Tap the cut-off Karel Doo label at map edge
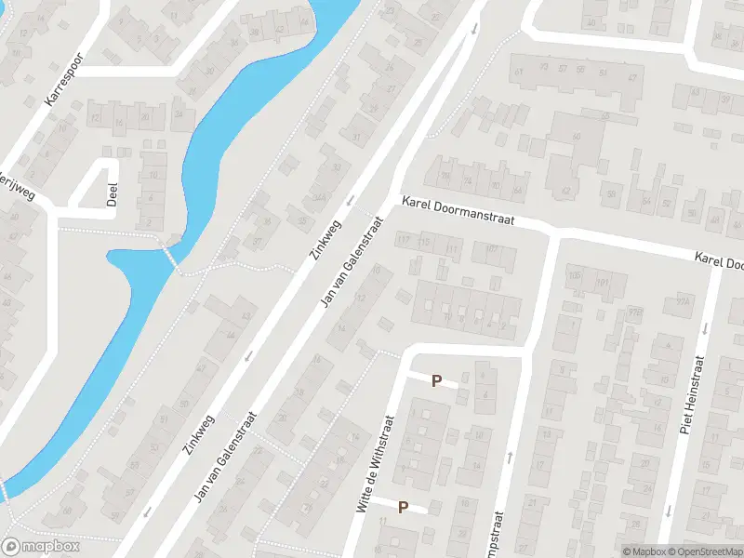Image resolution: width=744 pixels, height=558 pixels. [x=719, y=259]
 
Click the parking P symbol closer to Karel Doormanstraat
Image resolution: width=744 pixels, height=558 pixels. [x=435, y=380]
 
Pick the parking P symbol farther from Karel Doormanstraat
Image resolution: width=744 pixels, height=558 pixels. [x=404, y=507]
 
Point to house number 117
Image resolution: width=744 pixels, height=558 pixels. [x=404, y=241]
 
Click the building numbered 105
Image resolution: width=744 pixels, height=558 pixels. [x=574, y=275]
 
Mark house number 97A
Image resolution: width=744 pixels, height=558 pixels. [x=684, y=301]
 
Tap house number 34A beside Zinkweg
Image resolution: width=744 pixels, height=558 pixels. [x=319, y=197]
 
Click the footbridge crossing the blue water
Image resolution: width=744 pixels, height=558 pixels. [x=170, y=254]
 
